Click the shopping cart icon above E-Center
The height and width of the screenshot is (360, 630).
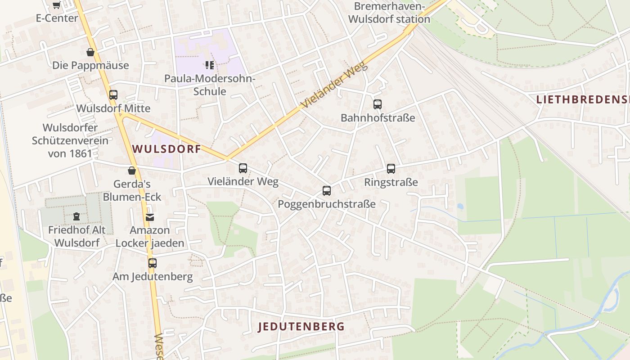[56, 5]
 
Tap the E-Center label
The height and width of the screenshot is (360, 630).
[57, 18]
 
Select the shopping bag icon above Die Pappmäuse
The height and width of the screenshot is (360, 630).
[90, 52]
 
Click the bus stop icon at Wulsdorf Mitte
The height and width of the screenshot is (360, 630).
[113, 95]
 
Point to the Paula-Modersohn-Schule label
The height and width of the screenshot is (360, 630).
[210, 85]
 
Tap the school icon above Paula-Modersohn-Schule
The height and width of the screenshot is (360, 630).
[209, 65]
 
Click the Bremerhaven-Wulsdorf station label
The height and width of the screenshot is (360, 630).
[389, 13]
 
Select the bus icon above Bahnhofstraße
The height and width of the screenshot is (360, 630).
[378, 104]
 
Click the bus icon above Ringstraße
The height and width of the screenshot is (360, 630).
[391, 169]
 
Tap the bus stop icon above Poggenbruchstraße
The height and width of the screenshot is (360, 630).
[327, 191]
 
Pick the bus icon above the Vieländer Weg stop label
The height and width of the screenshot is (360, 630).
[243, 168]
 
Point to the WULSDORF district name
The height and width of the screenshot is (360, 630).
[166, 149]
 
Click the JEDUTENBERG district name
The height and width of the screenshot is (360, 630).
[301, 327]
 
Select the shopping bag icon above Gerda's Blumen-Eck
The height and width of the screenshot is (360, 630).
[132, 171]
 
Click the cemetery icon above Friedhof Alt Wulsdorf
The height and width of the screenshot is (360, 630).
[76, 216]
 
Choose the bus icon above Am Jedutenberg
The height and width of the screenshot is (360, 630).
[153, 263]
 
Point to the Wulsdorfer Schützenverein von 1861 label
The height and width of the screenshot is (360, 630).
[70, 140]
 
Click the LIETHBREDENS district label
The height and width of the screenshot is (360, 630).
[583, 100]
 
